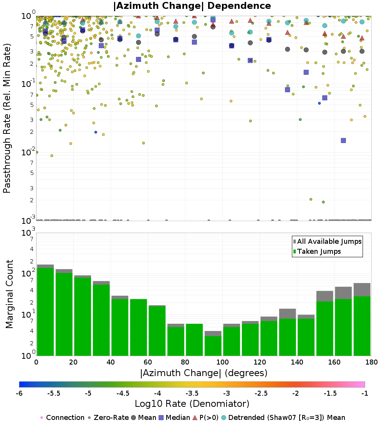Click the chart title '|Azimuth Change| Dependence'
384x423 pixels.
(192, 6)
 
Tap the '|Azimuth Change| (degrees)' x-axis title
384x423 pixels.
(204, 373)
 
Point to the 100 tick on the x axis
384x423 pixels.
(222, 362)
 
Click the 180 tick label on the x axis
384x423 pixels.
(371, 362)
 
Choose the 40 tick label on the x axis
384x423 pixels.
(111, 362)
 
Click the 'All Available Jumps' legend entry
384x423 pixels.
(327, 241)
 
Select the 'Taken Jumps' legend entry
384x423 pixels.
(316, 251)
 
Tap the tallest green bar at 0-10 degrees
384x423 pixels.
(45, 311)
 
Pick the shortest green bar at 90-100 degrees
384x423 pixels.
(213, 346)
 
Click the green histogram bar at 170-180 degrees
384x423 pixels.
(362, 326)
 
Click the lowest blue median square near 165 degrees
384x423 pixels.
(343, 141)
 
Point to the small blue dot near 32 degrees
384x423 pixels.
(96, 132)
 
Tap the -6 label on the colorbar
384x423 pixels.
(19, 393)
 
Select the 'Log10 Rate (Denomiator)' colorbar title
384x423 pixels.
(192, 404)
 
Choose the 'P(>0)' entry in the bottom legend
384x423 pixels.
(207, 418)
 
